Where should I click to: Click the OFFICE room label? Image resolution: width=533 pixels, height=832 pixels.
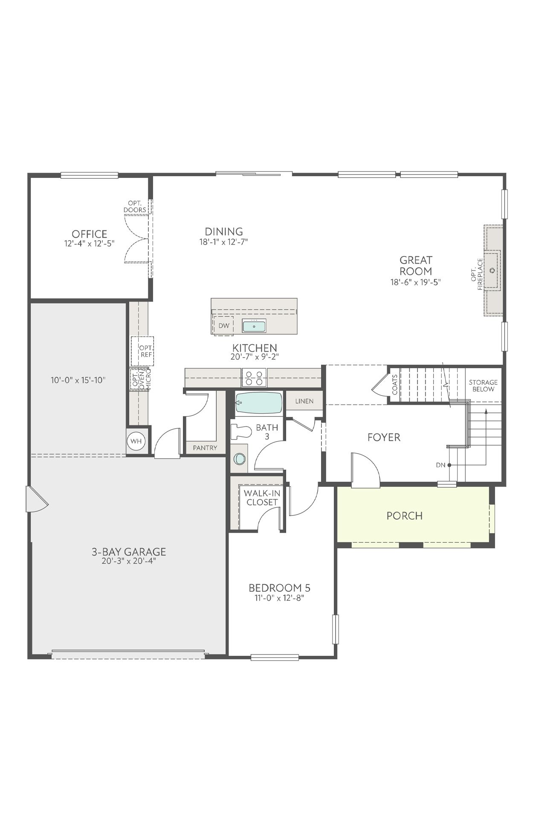point(89,234)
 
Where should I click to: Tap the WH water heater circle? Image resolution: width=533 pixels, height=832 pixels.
point(136,441)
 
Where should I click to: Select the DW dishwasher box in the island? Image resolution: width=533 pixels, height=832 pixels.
point(223,326)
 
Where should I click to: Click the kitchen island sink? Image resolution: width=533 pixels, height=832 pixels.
point(254,326)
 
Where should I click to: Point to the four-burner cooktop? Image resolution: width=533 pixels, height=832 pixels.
point(254,378)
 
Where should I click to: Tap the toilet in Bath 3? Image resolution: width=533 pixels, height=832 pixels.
point(240,431)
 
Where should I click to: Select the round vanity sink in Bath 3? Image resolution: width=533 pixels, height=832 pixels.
point(240,459)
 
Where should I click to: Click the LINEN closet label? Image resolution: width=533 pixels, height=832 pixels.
point(304,401)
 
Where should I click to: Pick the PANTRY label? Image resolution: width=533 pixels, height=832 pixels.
point(205,448)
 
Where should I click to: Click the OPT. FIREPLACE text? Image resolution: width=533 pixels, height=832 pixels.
point(477,274)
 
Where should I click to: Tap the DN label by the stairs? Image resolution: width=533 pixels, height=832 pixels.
point(440,465)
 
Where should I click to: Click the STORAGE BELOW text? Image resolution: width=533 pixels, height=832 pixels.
point(483,386)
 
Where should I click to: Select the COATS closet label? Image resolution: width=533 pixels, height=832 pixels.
point(394,384)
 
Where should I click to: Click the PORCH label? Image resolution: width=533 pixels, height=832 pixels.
point(404,515)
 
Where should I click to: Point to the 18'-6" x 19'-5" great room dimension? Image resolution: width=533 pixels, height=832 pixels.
point(415,282)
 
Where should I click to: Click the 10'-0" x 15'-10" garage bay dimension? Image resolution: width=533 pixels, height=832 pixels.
point(78,380)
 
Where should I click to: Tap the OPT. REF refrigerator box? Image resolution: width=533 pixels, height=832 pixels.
point(143,351)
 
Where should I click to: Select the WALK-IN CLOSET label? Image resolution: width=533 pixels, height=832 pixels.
point(262,497)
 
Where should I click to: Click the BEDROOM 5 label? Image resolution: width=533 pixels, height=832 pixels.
point(279,588)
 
